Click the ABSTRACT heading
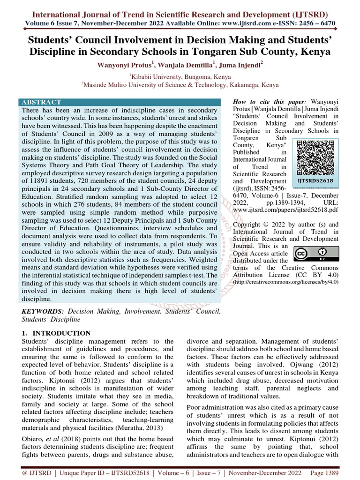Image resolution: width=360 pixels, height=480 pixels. tap(42, 102)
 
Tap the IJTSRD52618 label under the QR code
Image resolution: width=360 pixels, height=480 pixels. tap(315, 180)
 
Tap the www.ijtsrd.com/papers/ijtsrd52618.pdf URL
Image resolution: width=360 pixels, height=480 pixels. tap(285, 210)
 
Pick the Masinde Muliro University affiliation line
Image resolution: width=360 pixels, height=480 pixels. tap(180, 85)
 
